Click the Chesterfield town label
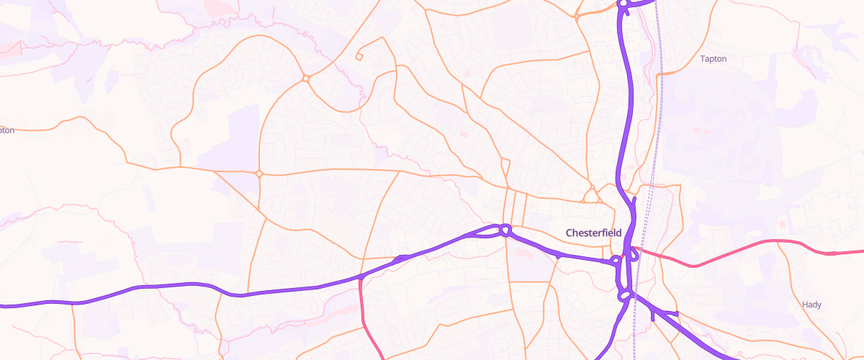pos(593,233)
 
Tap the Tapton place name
pos(713,58)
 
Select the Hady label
pos(811,305)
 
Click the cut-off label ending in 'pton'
pos(6,130)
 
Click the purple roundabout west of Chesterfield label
pos(505,230)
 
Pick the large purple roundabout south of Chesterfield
pos(624,294)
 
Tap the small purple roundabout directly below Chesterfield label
pos(616,261)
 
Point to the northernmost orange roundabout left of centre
pos(306,78)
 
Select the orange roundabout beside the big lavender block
pos(258,173)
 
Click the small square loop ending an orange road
pos(359,56)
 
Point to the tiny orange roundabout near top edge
pos(577,15)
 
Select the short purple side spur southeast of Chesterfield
pos(664,313)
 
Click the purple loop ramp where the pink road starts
pos(634,253)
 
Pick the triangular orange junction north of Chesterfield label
pos(591,196)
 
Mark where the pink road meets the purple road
pos(359,278)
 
